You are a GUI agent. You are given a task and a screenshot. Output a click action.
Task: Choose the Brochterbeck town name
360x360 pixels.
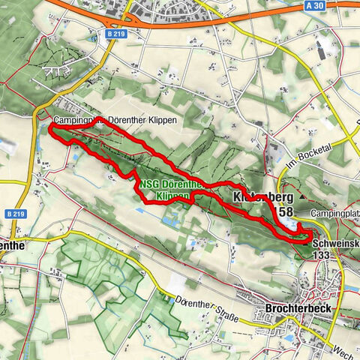click(x=298, y=307)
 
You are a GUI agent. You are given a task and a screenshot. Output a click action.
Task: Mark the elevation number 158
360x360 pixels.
click(x=286, y=212)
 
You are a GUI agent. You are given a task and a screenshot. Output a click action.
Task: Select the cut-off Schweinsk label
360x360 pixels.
click(x=334, y=244)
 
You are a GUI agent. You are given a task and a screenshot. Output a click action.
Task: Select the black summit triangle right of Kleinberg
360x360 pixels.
click(x=301, y=196)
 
